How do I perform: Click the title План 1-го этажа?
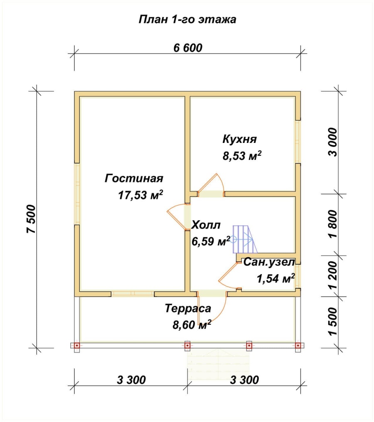187,20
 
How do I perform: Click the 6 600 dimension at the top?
187,48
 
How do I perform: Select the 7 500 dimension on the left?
33,219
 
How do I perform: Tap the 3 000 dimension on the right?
333,141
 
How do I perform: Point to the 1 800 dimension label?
333,224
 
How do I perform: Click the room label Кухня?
240,138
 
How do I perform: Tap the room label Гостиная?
133,179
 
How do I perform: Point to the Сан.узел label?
269,263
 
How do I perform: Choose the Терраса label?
188,309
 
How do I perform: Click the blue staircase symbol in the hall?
242,239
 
